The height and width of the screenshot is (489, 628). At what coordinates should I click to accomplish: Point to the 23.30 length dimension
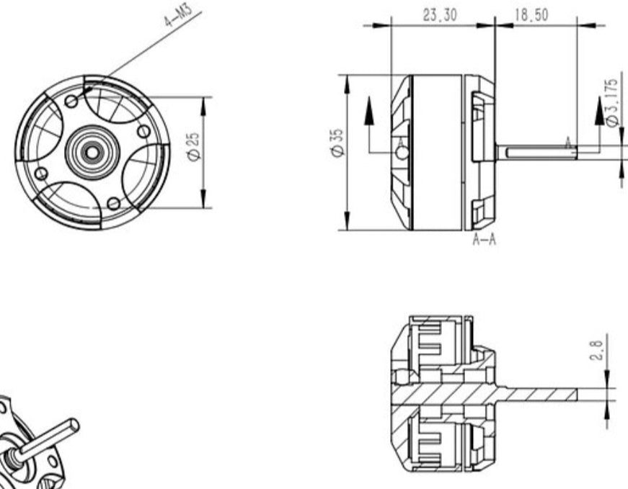coord(439,15)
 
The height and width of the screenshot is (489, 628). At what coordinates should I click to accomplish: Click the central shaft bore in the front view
coord(92,152)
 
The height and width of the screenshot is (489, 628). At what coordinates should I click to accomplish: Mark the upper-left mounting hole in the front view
coord(71,102)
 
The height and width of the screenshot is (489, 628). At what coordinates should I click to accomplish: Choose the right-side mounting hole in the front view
coord(143,131)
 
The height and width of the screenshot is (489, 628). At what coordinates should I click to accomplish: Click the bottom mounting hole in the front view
coord(113,203)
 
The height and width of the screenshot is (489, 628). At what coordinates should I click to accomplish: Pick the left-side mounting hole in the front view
coord(41,173)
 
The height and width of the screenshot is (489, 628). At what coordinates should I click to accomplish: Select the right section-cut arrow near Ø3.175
coord(600,112)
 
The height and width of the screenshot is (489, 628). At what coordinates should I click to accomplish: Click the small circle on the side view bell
coord(402,152)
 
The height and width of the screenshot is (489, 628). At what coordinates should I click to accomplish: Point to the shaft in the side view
coord(537,152)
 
